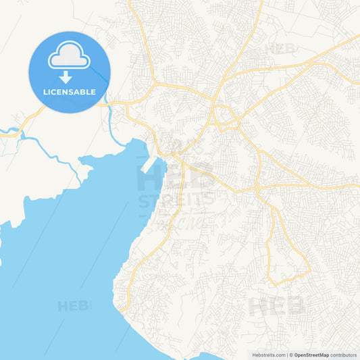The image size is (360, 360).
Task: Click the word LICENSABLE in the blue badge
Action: (x=69, y=92)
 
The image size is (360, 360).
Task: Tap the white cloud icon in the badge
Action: (x=69, y=57)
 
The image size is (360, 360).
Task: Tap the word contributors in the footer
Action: (x=344, y=355)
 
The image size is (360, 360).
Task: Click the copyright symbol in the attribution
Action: (x=290, y=355)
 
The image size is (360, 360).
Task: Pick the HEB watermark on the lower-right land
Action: (x=277, y=307)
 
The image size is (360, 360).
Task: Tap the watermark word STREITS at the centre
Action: (x=176, y=200)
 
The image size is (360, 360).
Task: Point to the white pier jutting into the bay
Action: (x=150, y=164)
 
